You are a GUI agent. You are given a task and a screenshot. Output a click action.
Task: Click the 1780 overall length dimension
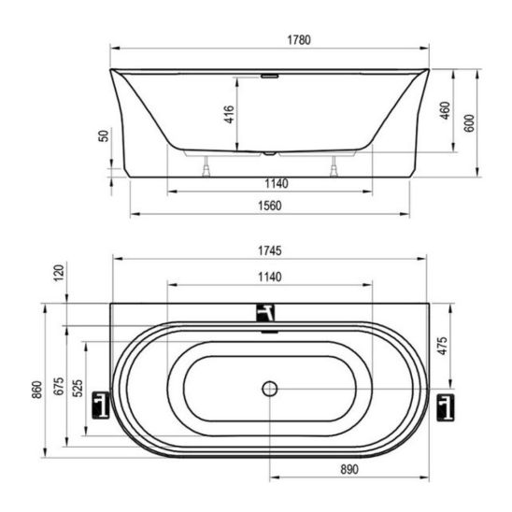(299, 40)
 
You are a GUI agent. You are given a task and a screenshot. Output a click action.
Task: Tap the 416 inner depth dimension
(229, 114)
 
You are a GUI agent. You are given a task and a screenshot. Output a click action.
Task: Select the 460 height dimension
(446, 110)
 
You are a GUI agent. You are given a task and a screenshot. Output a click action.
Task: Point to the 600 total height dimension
(469, 123)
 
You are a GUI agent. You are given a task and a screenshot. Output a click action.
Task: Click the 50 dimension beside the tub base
(104, 135)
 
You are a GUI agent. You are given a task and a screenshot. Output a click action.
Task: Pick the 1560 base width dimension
(270, 206)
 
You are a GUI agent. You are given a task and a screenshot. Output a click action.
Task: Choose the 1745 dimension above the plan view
(270, 250)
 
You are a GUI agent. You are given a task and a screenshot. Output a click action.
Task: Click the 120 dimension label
(59, 274)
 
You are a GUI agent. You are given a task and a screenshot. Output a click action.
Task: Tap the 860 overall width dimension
(37, 390)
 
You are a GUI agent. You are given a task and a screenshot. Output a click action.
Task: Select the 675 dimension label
(59, 386)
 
